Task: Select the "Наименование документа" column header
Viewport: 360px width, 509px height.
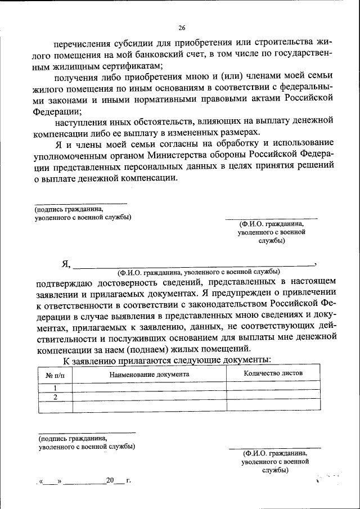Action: pyautogui.click(x=149, y=373)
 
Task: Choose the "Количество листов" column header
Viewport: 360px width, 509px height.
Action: pyautogui.click(x=273, y=373)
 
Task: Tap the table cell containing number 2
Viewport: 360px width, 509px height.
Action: pyautogui.click(x=55, y=397)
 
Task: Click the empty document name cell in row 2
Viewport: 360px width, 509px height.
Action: pyautogui.click(x=149, y=397)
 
